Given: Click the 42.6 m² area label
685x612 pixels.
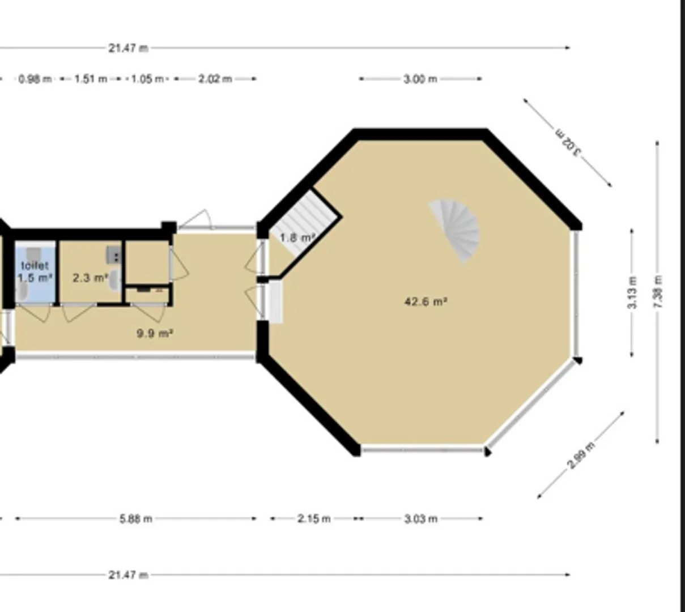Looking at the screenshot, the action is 426,301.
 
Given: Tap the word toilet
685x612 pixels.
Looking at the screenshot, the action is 35,265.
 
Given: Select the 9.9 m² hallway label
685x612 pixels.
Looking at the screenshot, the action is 155,334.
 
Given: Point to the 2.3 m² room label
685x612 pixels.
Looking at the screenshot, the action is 91,278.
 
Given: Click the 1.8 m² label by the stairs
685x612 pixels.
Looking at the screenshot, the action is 297,237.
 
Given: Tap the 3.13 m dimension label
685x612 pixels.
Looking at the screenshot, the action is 632,292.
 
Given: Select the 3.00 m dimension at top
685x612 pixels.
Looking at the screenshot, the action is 420,79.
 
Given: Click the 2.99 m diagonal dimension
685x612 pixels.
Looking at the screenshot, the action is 581,456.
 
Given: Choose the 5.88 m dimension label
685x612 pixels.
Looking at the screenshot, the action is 136,518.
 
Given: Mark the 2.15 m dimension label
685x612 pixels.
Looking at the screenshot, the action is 314,518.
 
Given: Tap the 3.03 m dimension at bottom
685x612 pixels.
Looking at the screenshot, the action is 421,518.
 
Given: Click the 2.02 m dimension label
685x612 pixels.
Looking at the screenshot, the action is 215,79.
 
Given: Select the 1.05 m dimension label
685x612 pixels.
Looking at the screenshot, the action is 147,79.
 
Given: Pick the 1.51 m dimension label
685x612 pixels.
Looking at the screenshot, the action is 91,79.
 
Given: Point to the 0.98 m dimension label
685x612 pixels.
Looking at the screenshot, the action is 35,79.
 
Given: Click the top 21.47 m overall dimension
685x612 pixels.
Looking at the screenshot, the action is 128,48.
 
